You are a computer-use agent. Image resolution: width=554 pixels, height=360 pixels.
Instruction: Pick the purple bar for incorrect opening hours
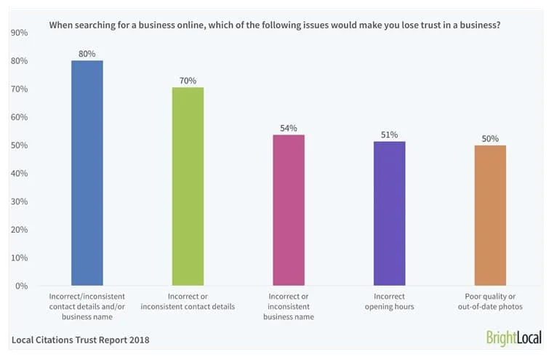pos(390,213)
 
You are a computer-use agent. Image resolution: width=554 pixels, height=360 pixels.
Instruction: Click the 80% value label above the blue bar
pos(87,52)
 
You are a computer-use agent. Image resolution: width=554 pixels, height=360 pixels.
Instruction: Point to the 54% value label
pos(289,128)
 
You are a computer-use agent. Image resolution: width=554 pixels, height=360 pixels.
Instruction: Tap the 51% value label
pos(390,135)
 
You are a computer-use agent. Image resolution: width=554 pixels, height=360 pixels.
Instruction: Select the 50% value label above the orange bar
pos(490,138)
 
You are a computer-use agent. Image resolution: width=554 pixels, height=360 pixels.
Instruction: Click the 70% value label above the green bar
pos(188,80)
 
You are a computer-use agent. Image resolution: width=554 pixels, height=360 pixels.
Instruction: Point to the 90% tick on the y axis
pos(20,33)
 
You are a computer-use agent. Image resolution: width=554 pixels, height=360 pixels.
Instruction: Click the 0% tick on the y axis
pos(22,286)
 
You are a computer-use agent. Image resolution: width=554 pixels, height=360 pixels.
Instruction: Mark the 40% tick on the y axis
pos(20,174)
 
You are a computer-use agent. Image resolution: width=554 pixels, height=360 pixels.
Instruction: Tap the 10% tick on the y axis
pos(20,258)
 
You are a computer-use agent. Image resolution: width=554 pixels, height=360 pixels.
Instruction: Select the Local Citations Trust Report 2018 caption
pos(80,340)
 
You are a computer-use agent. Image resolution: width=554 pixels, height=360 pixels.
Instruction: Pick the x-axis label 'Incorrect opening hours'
pos(390,301)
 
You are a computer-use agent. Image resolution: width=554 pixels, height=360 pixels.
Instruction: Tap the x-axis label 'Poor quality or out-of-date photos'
pos(490,301)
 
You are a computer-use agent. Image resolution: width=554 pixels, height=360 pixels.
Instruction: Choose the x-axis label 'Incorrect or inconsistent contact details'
pos(188,301)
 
